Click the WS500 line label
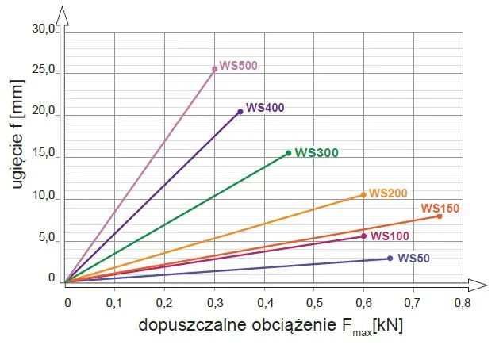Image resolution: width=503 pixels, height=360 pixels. coord(239,66)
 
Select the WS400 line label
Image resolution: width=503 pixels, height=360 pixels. coord(265,107)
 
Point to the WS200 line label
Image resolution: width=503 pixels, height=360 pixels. coord(388,193)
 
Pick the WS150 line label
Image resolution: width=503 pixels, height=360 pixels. coord(440,209)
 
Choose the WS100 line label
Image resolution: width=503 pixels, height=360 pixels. coord(390,236)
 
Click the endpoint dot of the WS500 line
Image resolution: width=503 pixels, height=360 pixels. coord(214,69)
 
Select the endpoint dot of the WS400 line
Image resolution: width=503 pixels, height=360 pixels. coord(240,112)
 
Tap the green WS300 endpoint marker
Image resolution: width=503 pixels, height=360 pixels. coord(288,153)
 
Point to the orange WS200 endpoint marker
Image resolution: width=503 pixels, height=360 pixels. coord(363,194)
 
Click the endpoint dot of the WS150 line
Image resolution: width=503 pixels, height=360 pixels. coord(439,216)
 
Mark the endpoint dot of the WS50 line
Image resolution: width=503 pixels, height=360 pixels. coord(390,258)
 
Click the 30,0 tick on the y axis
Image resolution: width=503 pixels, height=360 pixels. coord(44,29)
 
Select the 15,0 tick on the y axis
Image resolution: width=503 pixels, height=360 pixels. coord(44,154)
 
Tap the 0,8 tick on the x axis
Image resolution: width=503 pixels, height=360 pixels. coord(462,302)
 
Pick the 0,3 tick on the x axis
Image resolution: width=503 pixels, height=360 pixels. coord(214,302)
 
